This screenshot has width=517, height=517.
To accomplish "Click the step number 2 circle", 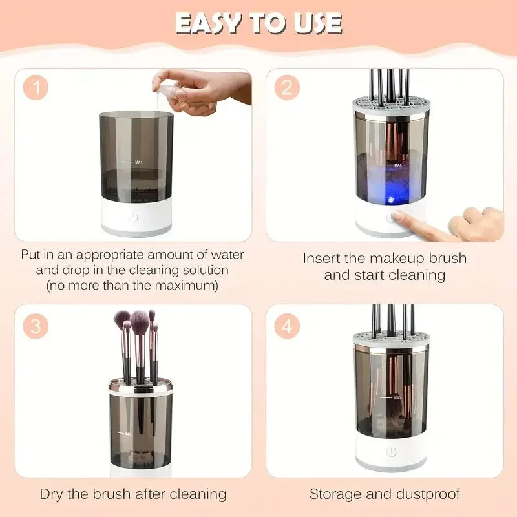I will (286, 88).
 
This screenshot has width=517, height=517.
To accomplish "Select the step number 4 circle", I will (286, 326).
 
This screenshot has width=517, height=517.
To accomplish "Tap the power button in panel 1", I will (134, 217).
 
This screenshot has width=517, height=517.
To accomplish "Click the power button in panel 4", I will (391, 452).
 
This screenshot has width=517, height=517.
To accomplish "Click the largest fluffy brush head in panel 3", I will (140, 320).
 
